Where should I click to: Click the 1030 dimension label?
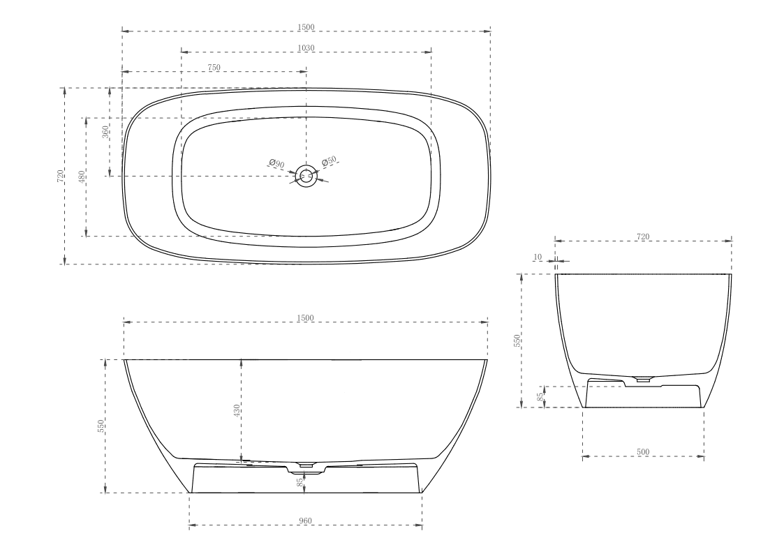[x=306, y=47]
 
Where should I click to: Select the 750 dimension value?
[x=214, y=67]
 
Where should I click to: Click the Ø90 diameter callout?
[x=276, y=164]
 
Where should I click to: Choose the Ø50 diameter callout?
[x=330, y=162]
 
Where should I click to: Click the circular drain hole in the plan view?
[x=305, y=175]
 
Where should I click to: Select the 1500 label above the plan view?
[x=306, y=27]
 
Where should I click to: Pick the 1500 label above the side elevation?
[x=306, y=318]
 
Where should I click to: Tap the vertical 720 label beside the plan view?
[x=61, y=176]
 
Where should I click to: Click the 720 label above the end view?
[x=643, y=237]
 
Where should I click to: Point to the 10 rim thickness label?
[x=538, y=257]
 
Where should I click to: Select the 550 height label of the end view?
[x=517, y=340]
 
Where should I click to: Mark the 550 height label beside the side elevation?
[x=101, y=426]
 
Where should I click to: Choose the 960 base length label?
[x=305, y=521]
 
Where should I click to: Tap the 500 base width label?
[x=643, y=452]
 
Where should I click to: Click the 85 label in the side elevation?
[x=301, y=483]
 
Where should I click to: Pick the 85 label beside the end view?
[x=540, y=396]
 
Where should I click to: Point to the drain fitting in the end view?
[x=643, y=379]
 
